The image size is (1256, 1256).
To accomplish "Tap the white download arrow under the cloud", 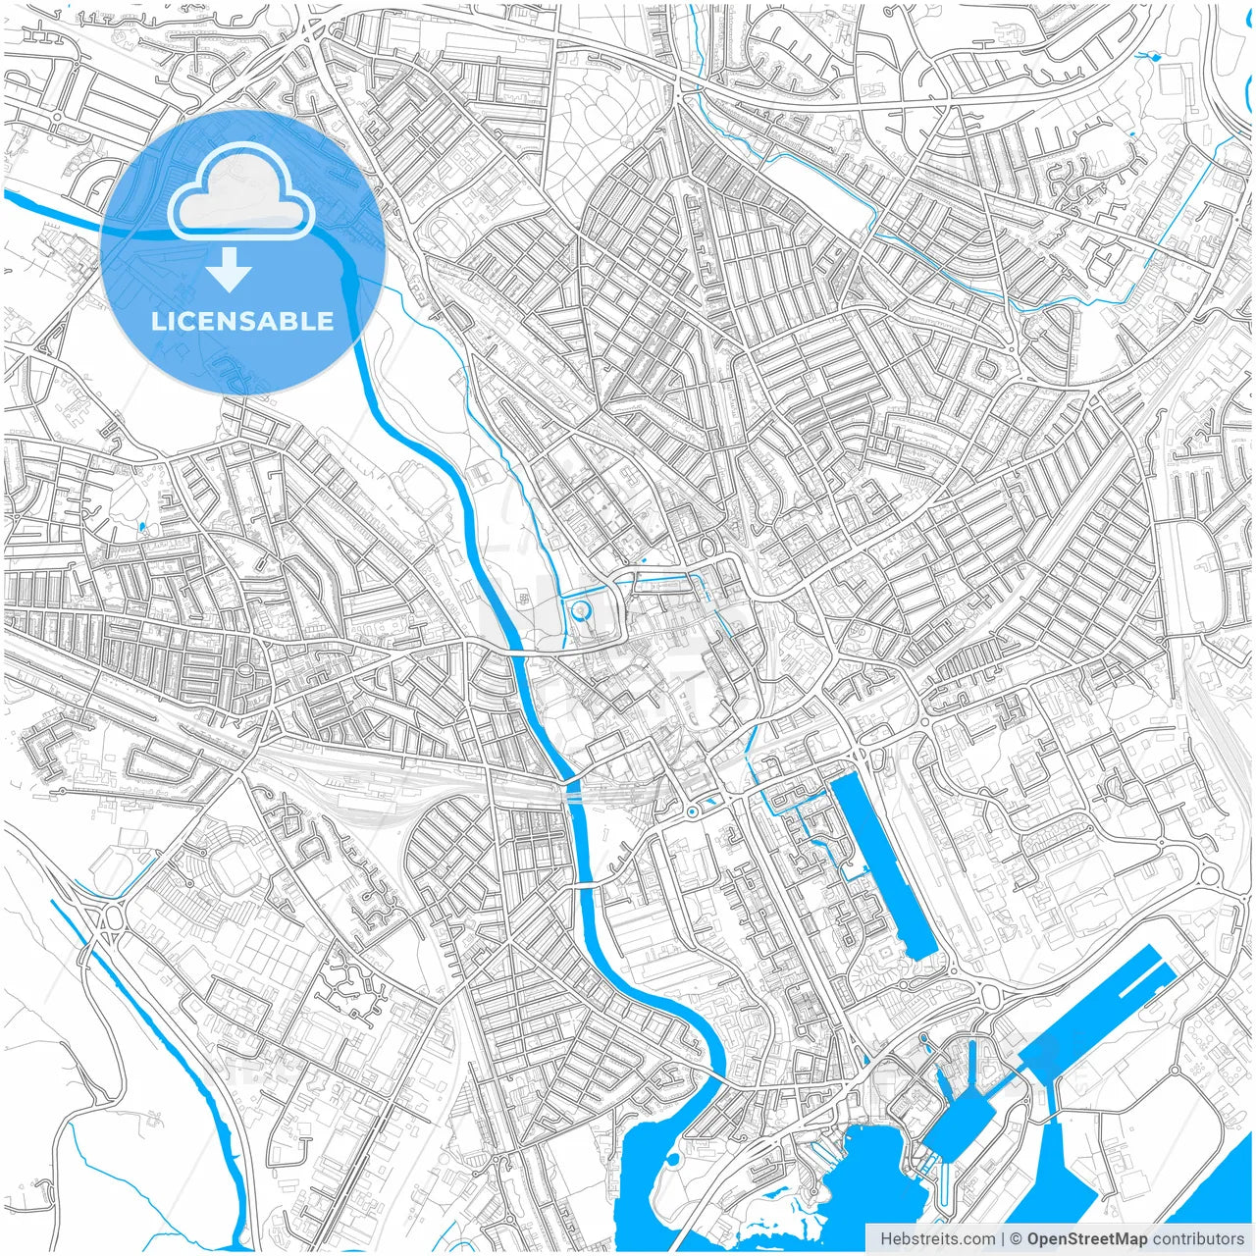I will pos(230,270).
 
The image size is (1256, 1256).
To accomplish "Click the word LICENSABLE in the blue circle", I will pos(242,321).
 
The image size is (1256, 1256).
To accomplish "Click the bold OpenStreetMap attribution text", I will pos(1086,1239).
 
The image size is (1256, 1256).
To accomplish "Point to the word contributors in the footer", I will pos(1198,1239).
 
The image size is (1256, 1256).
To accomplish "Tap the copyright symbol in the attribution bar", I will pos(1016,1239).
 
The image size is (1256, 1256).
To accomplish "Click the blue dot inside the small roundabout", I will pos(692,811).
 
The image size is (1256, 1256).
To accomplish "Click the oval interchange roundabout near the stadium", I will pos(108,919).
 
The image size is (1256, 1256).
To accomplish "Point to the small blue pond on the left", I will pos(142,527).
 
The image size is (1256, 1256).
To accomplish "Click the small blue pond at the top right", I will pos(1153,57).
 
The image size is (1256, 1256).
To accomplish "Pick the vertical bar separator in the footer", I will pos(1002,1239).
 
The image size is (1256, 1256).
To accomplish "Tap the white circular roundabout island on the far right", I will pos(1209,875).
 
